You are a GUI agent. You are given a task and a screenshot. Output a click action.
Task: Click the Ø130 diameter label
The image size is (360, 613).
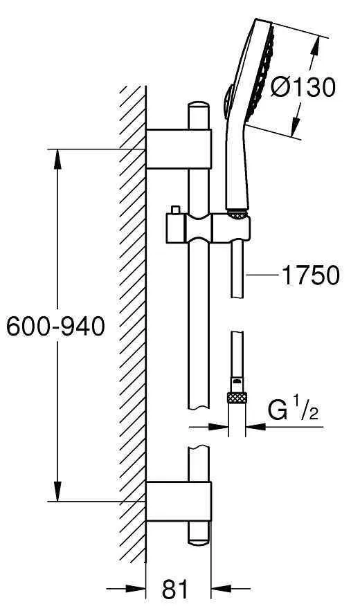303,87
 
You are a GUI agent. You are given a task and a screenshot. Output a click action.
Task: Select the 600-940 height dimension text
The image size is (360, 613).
55,326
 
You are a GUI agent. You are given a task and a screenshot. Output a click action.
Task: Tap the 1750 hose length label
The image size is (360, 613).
309,275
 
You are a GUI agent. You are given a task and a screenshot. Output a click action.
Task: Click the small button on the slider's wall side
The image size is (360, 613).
177,210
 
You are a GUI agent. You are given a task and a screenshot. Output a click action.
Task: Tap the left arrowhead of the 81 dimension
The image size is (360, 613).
138,589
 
